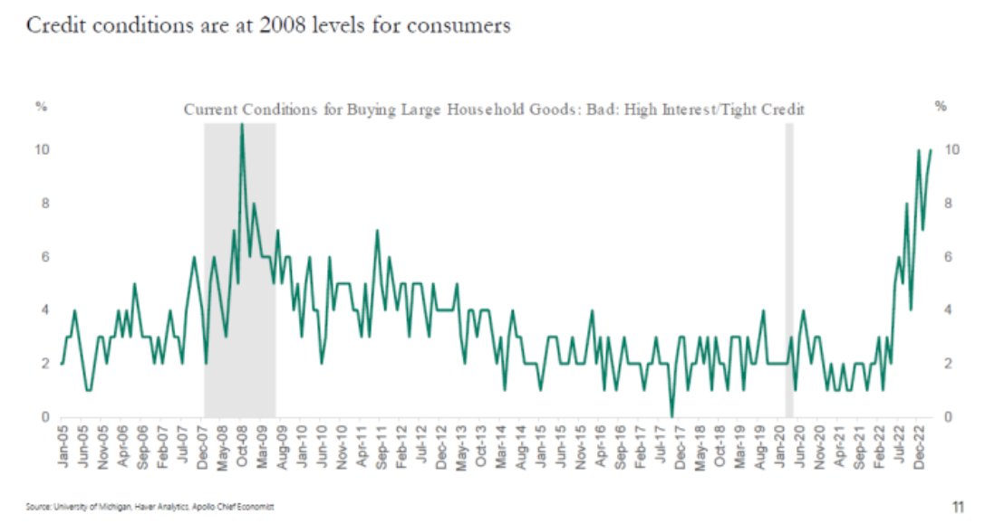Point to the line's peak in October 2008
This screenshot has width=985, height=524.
(x=241, y=125)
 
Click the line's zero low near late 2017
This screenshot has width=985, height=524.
(x=671, y=416)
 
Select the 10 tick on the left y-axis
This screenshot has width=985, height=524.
(x=42, y=150)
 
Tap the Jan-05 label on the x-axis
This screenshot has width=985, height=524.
(x=63, y=444)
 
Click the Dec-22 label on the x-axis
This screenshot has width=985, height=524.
(x=919, y=444)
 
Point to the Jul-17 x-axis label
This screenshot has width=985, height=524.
(x=659, y=444)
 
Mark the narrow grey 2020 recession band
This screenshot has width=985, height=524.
(x=788, y=272)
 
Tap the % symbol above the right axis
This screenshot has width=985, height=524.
(x=940, y=107)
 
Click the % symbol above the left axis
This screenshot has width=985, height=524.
(x=41, y=107)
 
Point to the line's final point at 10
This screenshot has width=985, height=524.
(x=931, y=150)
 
